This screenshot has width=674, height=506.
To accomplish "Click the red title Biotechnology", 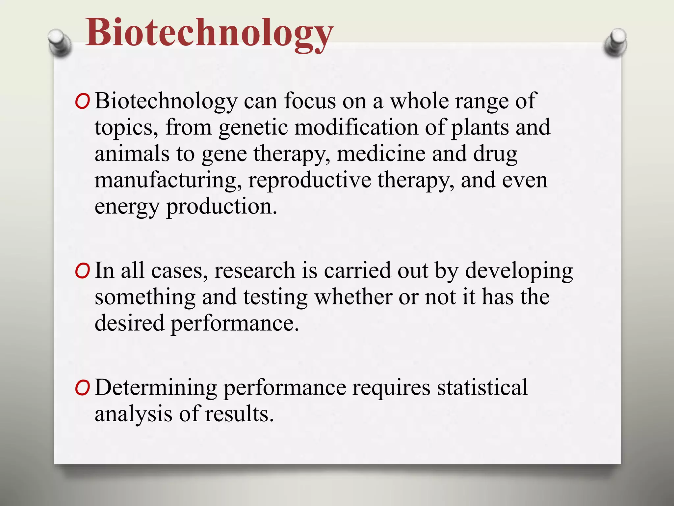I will click(x=209, y=33).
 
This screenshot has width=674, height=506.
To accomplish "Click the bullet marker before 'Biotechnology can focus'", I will click(x=82, y=102).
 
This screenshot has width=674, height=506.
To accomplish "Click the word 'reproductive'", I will click(x=310, y=181).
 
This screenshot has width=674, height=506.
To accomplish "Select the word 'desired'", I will click(x=129, y=323).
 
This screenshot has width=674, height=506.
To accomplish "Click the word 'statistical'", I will click(x=482, y=387).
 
